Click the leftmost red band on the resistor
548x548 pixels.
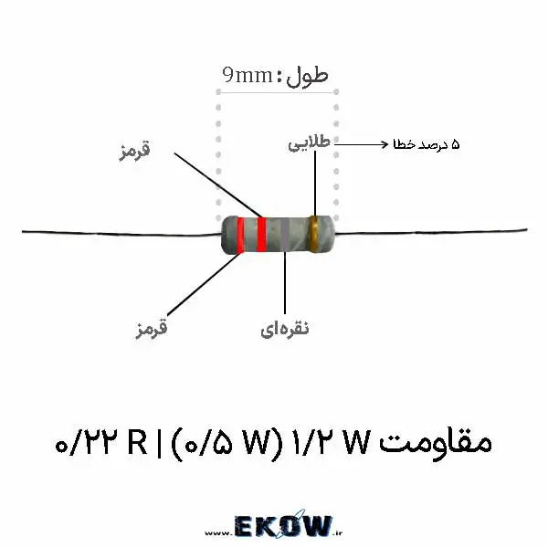click(x=240, y=235)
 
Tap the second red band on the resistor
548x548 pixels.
click(x=261, y=234)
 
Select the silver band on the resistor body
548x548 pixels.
click(x=285, y=234)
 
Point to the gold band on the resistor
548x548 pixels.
click(x=314, y=234)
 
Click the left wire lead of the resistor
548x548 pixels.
click(x=121, y=233)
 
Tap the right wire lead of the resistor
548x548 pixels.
click(x=430, y=231)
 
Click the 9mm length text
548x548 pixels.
click(x=248, y=75)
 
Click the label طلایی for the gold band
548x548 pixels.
click(x=310, y=143)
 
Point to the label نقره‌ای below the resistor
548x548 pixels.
click(x=285, y=329)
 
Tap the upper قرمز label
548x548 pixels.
click(x=134, y=152)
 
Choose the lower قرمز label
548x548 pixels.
click(x=152, y=330)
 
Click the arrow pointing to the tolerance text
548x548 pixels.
click(x=362, y=144)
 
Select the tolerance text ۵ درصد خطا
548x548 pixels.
click(x=427, y=144)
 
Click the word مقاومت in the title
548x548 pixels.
click(x=436, y=443)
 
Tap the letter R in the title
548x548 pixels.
click(x=137, y=442)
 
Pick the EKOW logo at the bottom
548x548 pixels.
click(x=283, y=526)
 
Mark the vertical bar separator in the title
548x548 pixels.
click(x=159, y=444)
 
